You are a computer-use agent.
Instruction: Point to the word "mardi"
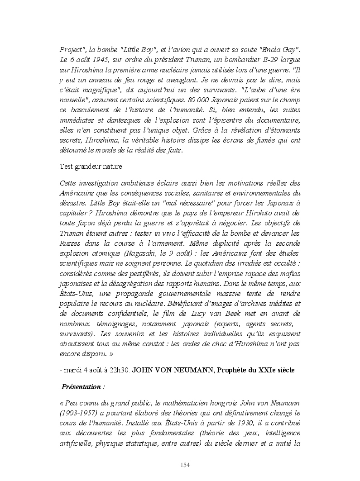tap(72, 370)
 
